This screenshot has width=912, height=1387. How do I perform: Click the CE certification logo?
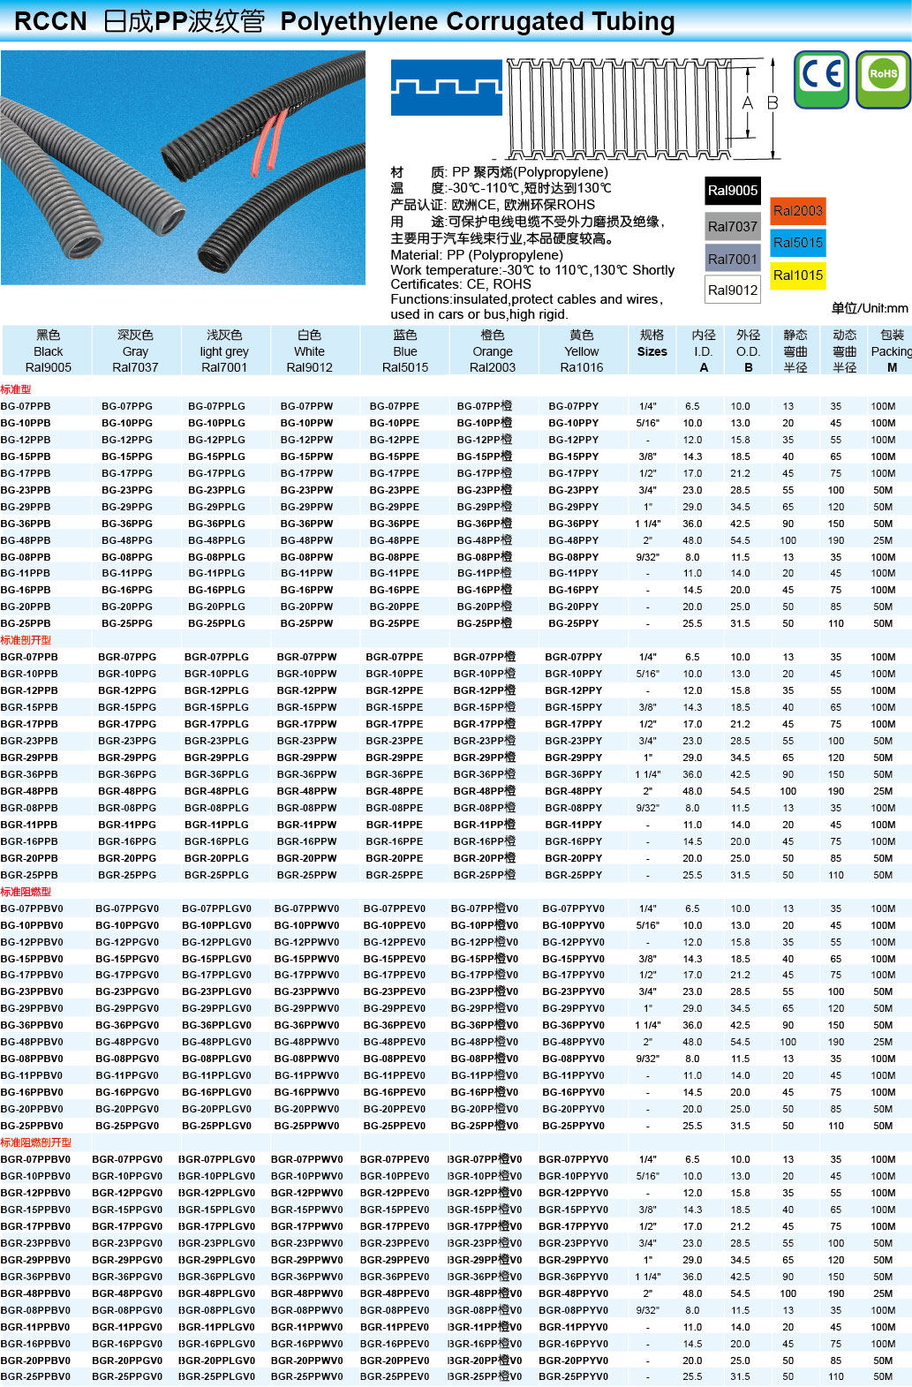(x=822, y=79)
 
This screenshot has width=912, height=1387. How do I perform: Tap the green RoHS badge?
(x=883, y=79)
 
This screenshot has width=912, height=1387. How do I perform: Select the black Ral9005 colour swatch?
(x=732, y=191)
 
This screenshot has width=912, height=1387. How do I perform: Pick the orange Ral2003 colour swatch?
(x=797, y=210)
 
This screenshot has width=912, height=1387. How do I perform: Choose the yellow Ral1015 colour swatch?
(x=797, y=275)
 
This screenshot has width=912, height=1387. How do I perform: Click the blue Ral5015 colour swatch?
(x=797, y=243)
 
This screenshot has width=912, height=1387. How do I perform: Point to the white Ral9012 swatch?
(x=732, y=290)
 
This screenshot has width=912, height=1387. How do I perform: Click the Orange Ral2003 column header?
(x=492, y=351)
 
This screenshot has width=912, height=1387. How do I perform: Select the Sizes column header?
(x=652, y=351)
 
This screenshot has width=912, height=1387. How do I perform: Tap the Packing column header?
(x=891, y=351)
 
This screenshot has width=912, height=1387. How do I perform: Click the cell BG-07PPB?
(x=26, y=406)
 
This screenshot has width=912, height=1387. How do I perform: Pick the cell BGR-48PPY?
(x=573, y=791)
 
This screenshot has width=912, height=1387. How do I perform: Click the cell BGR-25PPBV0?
(x=35, y=1376)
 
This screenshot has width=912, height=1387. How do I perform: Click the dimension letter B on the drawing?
(x=773, y=103)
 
